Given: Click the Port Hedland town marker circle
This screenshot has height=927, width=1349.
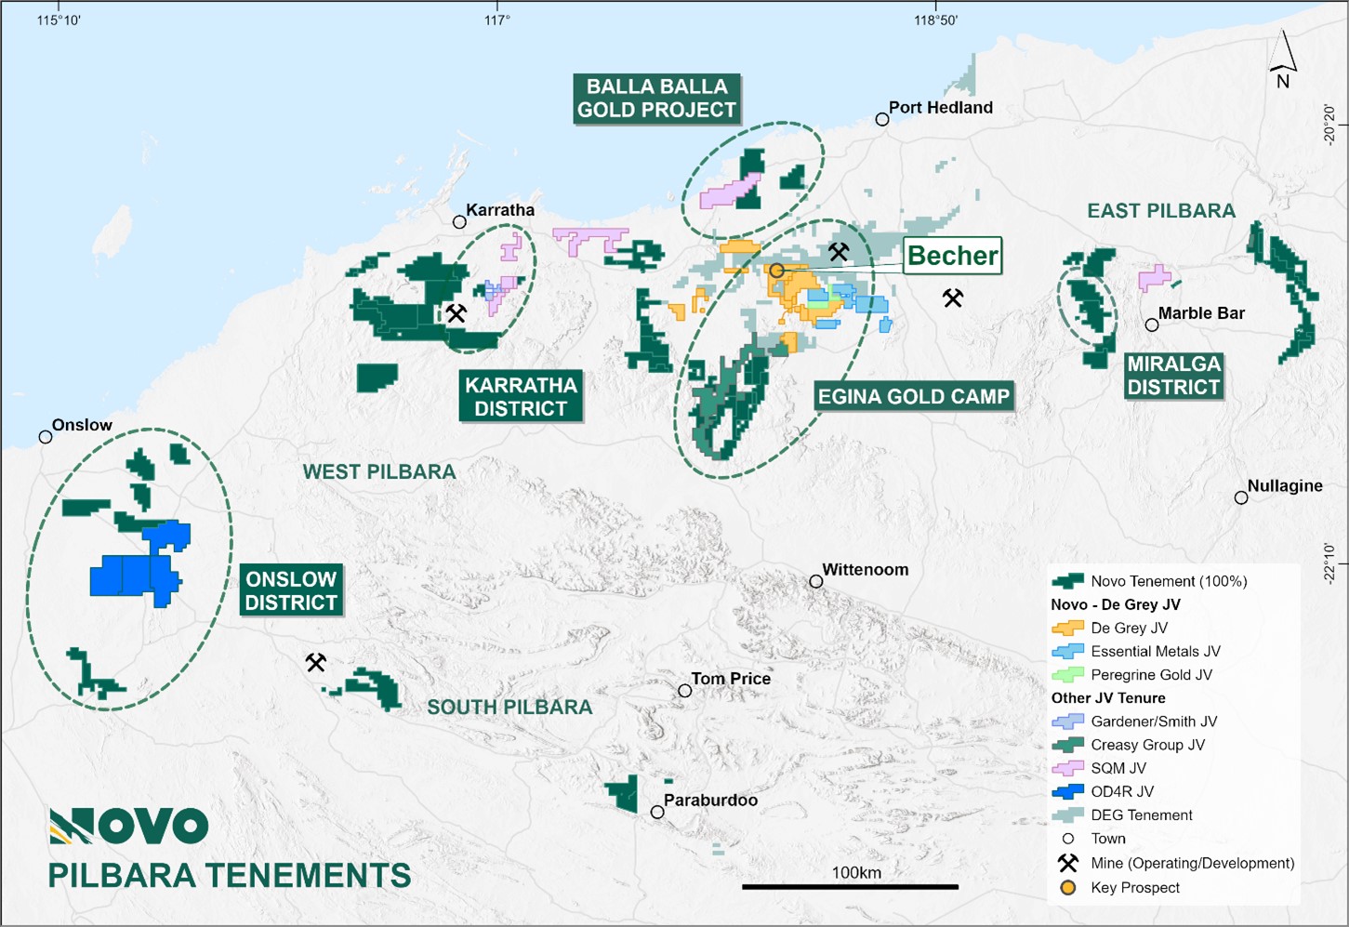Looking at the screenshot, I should [882, 120].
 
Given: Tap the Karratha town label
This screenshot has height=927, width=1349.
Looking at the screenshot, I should [500, 210].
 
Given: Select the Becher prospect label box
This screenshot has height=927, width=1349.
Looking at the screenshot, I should [953, 256].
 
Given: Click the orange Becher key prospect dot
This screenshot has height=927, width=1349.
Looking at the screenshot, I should [776, 271].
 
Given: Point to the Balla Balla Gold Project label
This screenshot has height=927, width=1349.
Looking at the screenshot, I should [656, 99].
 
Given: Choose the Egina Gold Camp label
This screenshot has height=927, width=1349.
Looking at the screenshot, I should [913, 397].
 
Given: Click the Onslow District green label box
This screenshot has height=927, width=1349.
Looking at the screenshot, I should [291, 590].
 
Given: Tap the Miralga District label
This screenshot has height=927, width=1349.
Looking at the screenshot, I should [1173, 376].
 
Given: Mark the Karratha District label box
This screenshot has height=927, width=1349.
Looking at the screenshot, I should [521, 397].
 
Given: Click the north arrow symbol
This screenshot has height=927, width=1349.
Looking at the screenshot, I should [1283, 60].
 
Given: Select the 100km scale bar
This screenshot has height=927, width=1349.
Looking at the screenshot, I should [850, 886].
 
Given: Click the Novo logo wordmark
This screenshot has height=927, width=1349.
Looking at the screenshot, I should [129, 826].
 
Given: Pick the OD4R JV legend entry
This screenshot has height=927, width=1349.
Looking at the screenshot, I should [1122, 791].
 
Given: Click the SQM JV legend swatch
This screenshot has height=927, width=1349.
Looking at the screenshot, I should [1068, 768].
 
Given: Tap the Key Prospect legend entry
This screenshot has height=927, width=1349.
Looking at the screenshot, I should [1134, 888].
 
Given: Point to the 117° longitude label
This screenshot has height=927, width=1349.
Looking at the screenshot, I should [497, 20].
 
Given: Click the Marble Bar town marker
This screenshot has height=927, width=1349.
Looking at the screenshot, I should [1152, 325].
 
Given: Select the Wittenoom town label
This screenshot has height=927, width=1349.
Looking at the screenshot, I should [865, 570].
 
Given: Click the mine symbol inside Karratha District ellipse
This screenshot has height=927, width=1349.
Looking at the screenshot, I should [456, 313].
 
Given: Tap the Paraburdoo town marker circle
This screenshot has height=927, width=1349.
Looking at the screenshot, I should [657, 813].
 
